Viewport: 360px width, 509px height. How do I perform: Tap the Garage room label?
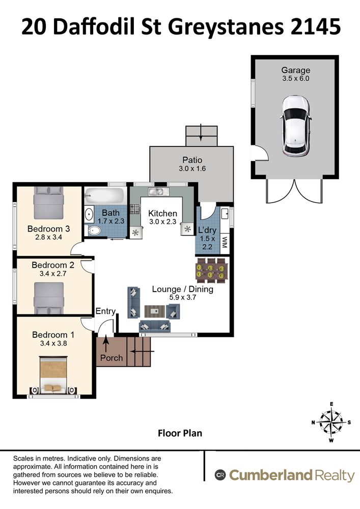(295, 70)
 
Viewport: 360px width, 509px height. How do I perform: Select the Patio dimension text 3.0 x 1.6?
(192, 168)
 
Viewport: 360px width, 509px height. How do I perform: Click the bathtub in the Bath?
(104, 196)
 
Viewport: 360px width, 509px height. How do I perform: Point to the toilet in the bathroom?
(93, 231)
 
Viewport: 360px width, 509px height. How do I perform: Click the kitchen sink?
(158, 191)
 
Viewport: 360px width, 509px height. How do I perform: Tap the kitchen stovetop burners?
(135, 209)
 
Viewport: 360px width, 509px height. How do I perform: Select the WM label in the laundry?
(225, 242)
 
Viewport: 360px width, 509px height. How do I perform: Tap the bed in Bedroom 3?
(48, 203)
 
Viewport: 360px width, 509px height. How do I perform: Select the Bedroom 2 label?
(53, 265)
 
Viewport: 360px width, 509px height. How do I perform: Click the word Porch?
(112, 358)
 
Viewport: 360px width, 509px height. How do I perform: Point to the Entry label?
(105, 312)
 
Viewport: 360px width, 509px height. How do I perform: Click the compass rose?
(331, 422)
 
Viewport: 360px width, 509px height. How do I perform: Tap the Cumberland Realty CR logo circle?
(220, 475)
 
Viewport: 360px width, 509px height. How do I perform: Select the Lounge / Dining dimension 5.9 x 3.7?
(183, 297)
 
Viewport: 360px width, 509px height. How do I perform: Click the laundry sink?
(225, 214)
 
